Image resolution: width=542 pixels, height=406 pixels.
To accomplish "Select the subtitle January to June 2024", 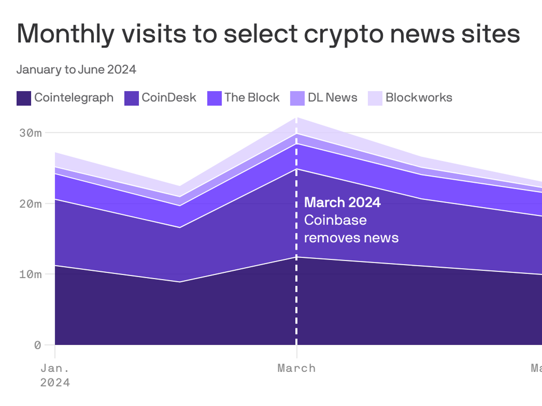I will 76,70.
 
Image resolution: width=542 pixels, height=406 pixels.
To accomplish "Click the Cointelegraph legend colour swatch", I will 24,98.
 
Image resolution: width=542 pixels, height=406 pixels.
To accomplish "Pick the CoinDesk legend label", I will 169,98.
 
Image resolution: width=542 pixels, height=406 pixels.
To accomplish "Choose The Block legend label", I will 252,98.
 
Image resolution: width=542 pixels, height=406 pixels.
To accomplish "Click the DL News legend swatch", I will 297,98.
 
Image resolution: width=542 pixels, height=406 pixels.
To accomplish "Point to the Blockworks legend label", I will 419,98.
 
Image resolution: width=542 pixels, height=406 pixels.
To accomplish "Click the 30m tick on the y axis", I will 30,133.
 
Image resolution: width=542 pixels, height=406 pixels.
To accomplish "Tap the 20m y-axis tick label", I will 30,204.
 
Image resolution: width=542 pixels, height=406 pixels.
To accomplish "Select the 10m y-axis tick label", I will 30,274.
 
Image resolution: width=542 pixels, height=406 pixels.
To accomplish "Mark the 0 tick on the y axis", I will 37,345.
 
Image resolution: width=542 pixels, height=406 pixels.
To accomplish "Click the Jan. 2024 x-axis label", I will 55,375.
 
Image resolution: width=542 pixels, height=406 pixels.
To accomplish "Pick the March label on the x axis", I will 297,368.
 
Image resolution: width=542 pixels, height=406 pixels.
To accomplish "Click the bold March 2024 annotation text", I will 342,202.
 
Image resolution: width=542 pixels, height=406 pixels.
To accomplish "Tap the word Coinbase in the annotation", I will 335,220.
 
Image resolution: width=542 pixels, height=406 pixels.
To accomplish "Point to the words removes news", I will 351,238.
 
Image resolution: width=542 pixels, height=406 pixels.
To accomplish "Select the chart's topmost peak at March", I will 297,118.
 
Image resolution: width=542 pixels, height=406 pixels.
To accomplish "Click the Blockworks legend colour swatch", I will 375,98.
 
